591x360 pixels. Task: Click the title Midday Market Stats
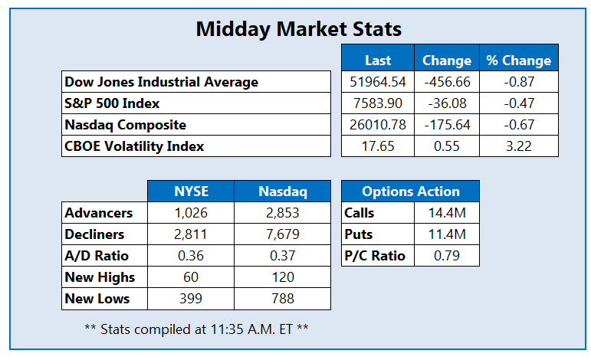point(298,29)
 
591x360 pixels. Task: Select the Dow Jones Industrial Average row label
point(161,82)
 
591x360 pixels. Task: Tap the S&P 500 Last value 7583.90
point(378,103)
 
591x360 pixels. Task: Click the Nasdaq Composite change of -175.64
point(447,125)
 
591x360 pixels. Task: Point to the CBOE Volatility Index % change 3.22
point(519,146)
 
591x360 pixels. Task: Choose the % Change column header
point(519,61)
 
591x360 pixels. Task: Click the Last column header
point(378,61)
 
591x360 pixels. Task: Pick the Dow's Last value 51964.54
point(378,82)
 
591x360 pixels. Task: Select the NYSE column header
point(191,191)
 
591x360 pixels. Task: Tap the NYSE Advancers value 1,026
point(191,213)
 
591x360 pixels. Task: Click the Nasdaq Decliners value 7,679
point(283,234)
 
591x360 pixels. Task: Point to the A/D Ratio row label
point(97,256)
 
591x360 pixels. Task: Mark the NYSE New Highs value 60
point(191,277)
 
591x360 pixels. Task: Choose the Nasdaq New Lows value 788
point(283,299)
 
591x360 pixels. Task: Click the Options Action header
point(411,191)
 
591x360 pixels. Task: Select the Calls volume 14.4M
point(447,213)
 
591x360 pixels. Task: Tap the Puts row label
point(358,234)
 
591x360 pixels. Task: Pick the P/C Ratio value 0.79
point(447,256)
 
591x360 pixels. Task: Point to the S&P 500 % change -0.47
point(519,103)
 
